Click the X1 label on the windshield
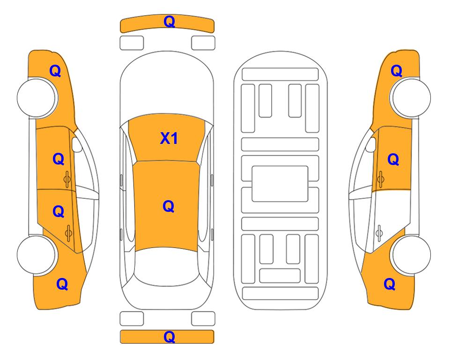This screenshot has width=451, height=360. point(169,139)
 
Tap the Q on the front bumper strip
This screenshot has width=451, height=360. point(169,22)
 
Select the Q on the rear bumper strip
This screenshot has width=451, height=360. point(169,337)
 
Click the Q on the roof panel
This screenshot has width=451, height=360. point(169,207)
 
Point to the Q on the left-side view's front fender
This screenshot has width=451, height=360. point(55,71)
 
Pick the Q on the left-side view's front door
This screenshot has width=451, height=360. point(59,159)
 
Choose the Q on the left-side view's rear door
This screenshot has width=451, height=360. point(59,212)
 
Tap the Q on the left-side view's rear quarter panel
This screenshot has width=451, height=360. point(62,284)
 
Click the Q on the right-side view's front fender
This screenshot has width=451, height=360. point(396,71)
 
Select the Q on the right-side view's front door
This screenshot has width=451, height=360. point(393,159)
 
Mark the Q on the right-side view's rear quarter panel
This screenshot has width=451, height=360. point(390,284)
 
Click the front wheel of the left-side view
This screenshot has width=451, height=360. point(37,97)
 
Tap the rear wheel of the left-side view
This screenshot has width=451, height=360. point(37,255)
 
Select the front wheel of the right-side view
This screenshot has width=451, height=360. point(411,97)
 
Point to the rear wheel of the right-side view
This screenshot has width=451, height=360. point(411,255)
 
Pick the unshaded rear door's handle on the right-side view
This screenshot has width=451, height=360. point(379,232)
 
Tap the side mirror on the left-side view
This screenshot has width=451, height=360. point(76,144)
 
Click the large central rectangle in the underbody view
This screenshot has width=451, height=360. point(280,184)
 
